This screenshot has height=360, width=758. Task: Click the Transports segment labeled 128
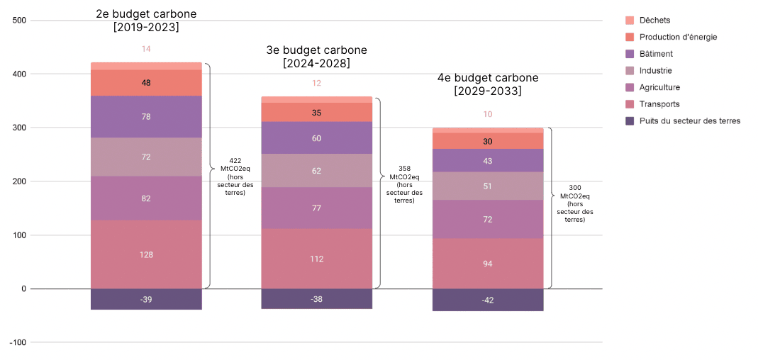pos(146,254)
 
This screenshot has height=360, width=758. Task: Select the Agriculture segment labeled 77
pos(316,208)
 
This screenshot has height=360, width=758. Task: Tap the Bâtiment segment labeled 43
pos(487,161)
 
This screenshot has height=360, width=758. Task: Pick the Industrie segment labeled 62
pos(316,171)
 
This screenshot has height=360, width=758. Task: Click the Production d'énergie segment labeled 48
pos(146,83)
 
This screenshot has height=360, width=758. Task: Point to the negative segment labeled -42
pos(487,300)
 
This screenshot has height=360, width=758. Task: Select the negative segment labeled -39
pos(146,299)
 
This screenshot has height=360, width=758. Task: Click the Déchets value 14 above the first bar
pos(146,49)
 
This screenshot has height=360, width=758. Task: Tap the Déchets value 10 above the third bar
pos(487,114)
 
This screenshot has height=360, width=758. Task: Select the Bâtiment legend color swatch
pos(630,54)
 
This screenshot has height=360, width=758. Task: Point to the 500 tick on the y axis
pos(19,21)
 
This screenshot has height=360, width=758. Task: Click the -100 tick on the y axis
pos(18,342)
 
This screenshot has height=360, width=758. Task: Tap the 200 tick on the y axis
pos(19,181)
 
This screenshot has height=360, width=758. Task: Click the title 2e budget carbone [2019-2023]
pos(146,21)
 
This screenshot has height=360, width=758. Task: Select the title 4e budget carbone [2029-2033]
pos(487,84)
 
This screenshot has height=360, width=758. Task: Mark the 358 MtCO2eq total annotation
pos(404,184)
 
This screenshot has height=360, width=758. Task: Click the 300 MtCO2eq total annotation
pos(574,203)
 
